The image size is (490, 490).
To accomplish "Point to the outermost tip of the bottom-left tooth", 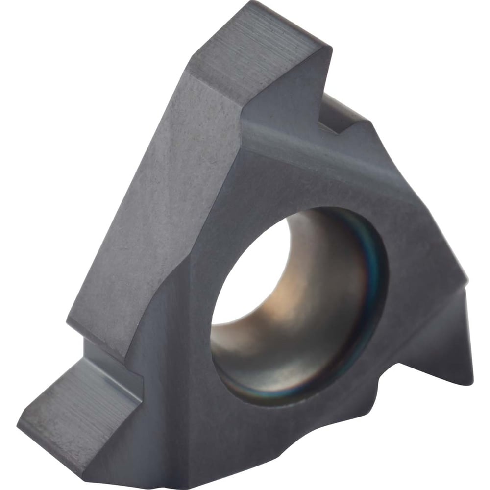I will point(22,419).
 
